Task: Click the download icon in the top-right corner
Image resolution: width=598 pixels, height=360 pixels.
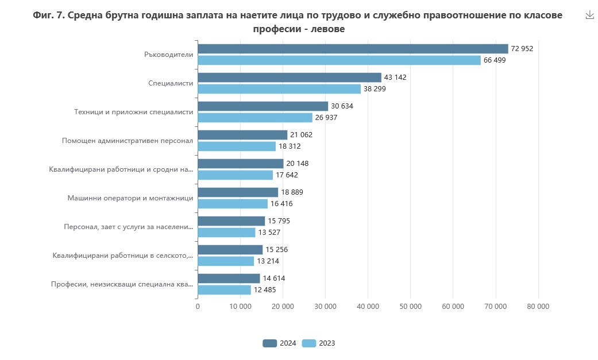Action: coord(589,16)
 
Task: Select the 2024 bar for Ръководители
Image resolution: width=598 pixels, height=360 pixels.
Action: coord(353,49)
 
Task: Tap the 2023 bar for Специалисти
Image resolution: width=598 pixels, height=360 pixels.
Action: coord(279,89)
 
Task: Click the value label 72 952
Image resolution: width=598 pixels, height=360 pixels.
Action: coord(522,49)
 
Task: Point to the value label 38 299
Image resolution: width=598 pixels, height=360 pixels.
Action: coord(375,89)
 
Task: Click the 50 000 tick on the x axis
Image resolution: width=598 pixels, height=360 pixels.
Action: coord(410,307)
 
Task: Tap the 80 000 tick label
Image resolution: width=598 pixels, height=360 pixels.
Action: coord(538,307)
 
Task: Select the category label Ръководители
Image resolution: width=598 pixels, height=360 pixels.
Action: coord(168,55)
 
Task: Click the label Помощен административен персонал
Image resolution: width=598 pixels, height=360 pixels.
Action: coord(128,141)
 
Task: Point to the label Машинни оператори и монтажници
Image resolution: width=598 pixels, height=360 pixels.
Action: coord(130,198)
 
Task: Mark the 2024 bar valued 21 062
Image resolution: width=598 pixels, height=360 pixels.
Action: coord(242,135)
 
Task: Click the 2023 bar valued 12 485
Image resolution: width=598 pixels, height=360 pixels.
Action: coord(224,290)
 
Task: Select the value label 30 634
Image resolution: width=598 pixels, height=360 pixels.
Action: coord(342,106)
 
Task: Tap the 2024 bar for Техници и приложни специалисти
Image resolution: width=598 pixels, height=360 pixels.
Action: coord(263,106)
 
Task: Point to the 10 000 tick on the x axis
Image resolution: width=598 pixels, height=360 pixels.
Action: coord(240,307)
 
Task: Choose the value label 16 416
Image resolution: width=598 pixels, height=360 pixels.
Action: coord(281,204)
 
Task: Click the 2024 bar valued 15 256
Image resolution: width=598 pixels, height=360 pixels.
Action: coord(230,250)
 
